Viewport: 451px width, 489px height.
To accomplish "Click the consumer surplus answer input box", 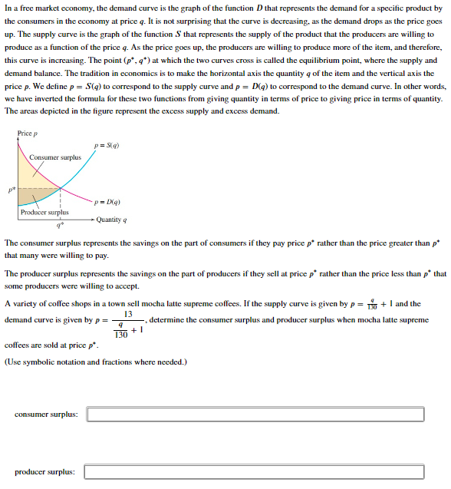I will tap(255, 415).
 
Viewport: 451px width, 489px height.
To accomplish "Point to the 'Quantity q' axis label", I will tap(110, 220).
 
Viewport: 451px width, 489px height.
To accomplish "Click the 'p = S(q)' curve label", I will tap(106, 145).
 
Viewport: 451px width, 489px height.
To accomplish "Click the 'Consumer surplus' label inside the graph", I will tap(55, 157).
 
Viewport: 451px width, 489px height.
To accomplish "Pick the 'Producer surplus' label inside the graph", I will tap(44, 213).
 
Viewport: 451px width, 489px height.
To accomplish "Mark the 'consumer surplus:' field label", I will tap(46, 415).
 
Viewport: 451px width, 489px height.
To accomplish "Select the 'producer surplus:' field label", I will tap(44, 471).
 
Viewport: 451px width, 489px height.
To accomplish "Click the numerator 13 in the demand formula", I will tap(127, 314).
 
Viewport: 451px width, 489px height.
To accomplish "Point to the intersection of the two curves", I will tap(61, 187).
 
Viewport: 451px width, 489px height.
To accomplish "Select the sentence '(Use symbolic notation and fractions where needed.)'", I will tap(96, 362).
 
